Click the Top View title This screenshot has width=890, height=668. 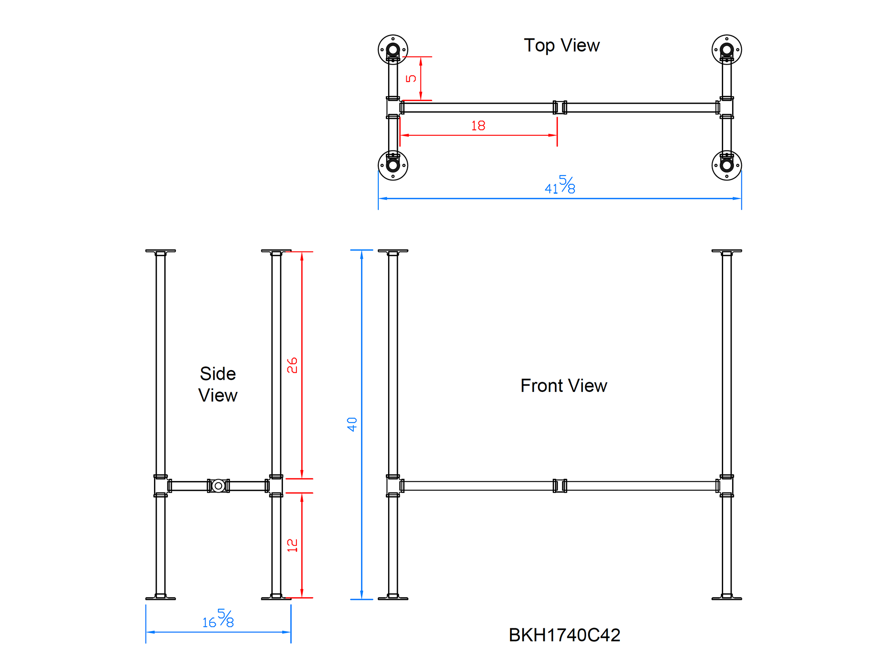(562, 45)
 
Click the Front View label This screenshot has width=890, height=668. (563, 386)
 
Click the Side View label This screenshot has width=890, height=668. (218, 384)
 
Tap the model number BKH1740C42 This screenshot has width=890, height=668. (564, 635)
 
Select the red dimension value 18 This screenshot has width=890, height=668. (478, 126)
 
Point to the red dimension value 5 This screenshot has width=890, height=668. (411, 78)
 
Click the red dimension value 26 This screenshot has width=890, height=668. (292, 365)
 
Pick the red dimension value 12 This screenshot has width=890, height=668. (292, 545)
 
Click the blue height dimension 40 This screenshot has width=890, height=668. (352, 424)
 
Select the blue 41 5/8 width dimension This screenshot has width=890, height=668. (560, 185)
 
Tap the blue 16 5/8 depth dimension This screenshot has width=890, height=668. (218, 619)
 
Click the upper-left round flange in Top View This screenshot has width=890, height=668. (393, 49)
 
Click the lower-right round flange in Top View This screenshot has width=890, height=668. (727, 166)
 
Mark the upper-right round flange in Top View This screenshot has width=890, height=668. (727, 49)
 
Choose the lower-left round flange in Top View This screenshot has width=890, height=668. (393, 166)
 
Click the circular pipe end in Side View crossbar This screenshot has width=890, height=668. (218, 485)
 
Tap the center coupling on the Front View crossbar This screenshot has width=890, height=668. (560, 485)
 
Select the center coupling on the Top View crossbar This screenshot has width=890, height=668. (560, 107)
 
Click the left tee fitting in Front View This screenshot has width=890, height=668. (393, 485)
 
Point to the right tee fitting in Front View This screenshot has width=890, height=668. (727, 485)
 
